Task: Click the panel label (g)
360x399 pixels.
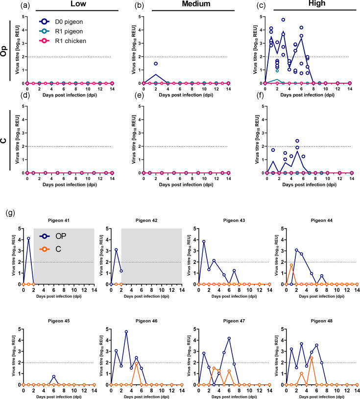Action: click(x=11, y=213)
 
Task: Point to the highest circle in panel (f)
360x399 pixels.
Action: click(x=297, y=141)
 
